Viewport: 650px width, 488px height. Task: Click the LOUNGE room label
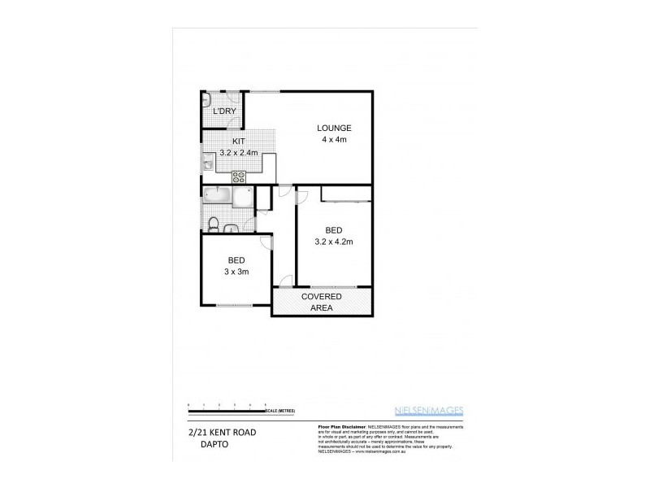tap(334, 128)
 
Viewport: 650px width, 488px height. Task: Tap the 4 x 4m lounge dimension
tap(334, 139)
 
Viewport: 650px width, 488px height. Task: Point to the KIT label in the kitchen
tap(239, 141)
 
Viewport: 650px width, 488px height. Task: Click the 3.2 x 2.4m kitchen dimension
tap(239, 152)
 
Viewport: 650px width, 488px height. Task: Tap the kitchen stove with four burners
tap(240, 175)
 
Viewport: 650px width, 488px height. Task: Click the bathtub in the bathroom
tap(217, 195)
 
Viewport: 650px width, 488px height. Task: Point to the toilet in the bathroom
tap(213, 222)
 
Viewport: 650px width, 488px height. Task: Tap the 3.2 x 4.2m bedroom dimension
tap(334, 241)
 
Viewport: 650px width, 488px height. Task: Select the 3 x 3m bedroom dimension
tap(237, 272)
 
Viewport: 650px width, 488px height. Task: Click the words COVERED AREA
tap(323, 303)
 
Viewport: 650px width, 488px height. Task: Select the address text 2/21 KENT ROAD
tap(222, 432)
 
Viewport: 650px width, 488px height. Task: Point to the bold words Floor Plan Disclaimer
tap(335, 426)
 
